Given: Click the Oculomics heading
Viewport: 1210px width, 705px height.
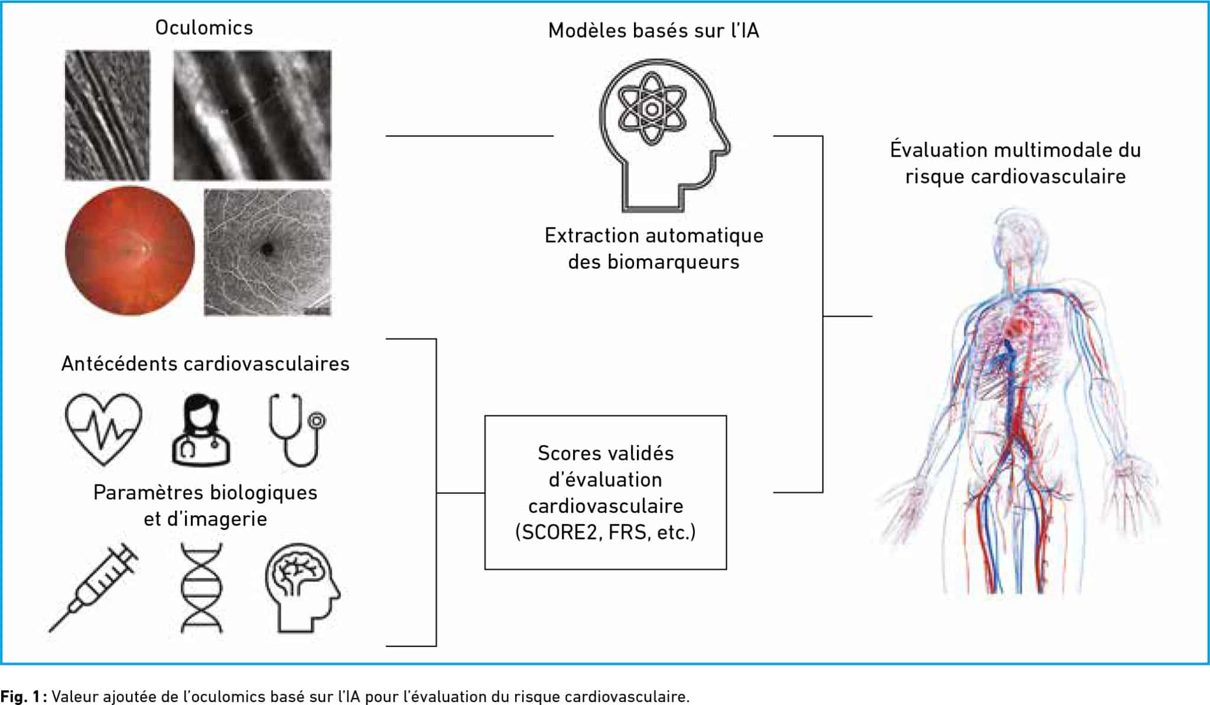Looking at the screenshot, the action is [x=204, y=28].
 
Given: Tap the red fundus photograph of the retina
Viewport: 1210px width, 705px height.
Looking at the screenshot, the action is [x=130, y=251].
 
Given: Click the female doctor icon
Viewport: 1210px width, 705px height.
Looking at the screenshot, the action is [x=201, y=430].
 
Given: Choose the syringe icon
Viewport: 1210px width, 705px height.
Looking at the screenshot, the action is [x=93, y=587].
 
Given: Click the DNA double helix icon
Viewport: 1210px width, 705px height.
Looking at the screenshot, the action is [x=201, y=588].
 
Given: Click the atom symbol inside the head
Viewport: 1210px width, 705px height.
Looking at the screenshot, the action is [x=652, y=109].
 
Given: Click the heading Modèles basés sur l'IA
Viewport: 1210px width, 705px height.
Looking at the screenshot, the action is [x=653, y=31].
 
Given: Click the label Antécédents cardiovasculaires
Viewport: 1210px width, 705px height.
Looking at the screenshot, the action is [x=206, y=363].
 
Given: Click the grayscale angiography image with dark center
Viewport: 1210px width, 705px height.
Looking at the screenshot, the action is [x=268, y=252].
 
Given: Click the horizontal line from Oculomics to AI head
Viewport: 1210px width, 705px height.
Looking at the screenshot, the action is [x=470, y=136].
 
